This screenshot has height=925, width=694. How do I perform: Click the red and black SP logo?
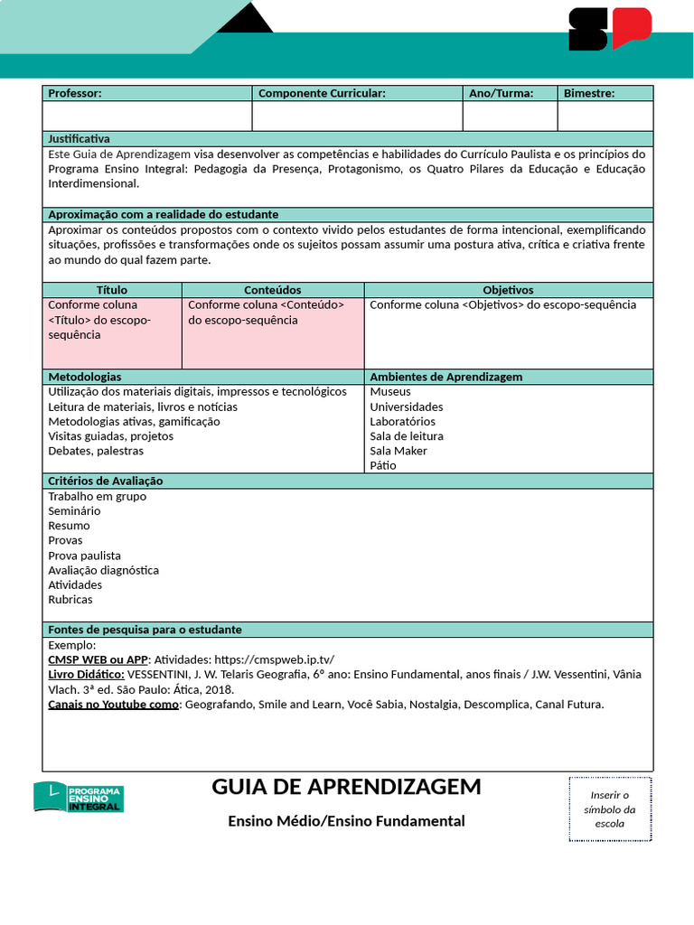click(609, 29)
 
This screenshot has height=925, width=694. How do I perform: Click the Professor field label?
click(75, 93)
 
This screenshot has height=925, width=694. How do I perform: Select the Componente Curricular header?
click(322, 93)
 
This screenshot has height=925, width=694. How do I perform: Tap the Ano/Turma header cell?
click(501, 93)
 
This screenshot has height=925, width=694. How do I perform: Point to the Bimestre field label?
click(588, 93)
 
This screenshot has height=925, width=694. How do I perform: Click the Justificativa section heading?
click(79, 139)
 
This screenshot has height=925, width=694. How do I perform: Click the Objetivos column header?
click(508, 290)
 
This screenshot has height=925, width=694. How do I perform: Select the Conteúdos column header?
click(272, 290)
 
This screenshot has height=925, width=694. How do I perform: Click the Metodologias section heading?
click(85, 377)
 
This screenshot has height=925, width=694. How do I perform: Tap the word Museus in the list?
click(390, 392)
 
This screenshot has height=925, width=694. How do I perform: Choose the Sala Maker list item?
click(399, 451)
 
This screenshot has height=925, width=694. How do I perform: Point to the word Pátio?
click(383, 466)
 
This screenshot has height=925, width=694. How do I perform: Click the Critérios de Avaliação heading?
click(106, 481)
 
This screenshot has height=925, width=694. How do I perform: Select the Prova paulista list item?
click(84, 556)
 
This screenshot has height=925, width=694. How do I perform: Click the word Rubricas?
click(70, 600)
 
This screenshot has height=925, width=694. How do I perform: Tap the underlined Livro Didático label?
click(86, 675)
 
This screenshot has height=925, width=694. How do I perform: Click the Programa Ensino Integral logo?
click(79, 796)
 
